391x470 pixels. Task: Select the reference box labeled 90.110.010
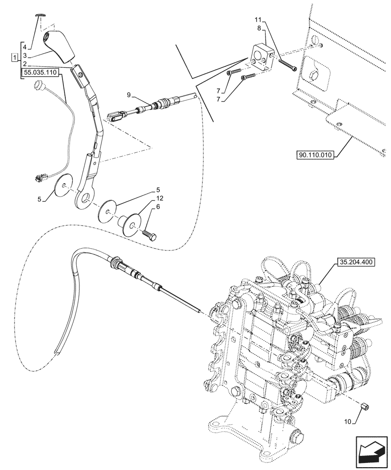[x=315, y=155]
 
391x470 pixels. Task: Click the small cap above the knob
[x=41, y=15]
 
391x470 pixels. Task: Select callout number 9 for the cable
[x=129, y=96]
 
